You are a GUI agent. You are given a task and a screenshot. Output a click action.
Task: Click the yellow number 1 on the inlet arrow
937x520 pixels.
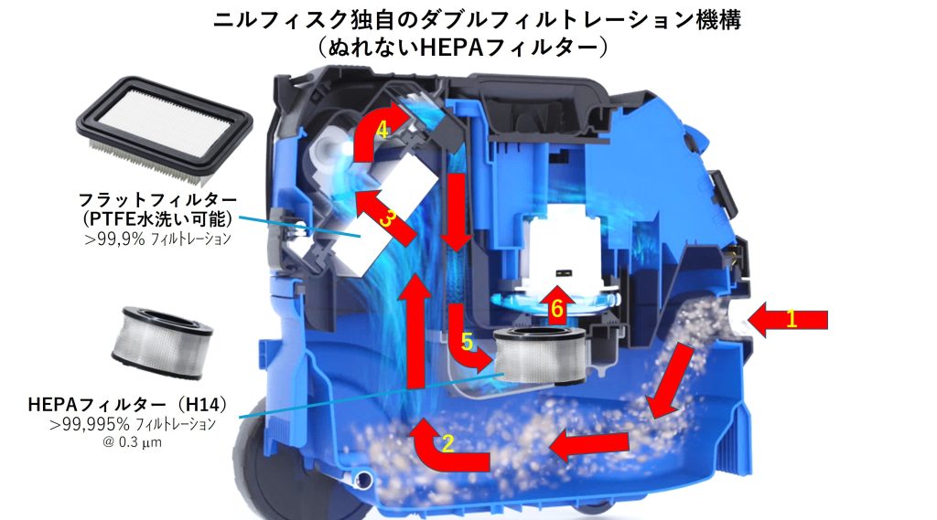coord(792,319)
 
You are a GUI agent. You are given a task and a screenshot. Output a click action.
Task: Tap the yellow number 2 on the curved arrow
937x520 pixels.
coord(447,443)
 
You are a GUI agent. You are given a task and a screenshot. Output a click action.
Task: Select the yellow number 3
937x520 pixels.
coord(387,218)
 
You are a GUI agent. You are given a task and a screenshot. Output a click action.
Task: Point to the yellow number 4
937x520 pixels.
coord(382,130)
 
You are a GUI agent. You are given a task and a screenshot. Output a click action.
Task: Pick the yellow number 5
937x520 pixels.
coord(467,342)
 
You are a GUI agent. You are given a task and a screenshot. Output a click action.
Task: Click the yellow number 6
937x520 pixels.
coord(557,309)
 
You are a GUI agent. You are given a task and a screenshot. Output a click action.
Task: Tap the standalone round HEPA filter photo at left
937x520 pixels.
coord(162,343)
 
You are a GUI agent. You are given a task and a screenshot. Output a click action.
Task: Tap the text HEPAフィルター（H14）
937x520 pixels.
coord(128,404)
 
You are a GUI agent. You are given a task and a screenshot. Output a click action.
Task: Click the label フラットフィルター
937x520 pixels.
coord(157,199)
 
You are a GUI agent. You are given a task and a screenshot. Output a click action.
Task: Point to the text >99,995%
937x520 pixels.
coord(91,424)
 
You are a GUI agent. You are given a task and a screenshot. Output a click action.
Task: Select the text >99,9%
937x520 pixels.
coord(114,239)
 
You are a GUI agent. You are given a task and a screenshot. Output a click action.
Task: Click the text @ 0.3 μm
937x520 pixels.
coord(132,442)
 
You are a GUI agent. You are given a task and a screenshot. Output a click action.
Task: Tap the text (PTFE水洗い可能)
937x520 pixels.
coord(157,218)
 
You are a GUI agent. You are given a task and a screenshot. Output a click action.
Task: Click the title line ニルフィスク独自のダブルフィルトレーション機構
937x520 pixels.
coord(477,20)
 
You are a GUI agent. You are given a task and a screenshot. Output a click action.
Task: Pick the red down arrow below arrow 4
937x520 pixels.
coord(458,213)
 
